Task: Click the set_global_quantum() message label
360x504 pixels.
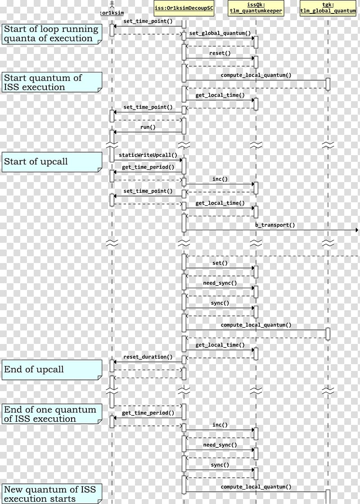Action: pos(220,33)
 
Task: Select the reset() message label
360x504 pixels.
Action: pos(220,53)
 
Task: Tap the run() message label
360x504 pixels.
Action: pos(148,127)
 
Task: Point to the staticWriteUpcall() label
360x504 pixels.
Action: pos(148,155)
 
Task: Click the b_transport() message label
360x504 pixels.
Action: pos(275,225)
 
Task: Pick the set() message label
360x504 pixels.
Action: pos(220,263)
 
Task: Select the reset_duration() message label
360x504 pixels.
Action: pos(148,357)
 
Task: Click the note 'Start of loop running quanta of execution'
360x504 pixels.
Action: pos(52,34)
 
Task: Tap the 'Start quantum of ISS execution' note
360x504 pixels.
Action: pos(52,82)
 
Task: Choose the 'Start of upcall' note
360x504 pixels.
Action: pos(52,162)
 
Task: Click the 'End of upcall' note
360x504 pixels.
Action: pos(52,370)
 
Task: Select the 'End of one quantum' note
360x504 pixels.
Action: pos(52,414)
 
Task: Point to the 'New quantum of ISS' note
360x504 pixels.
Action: pos(52,494)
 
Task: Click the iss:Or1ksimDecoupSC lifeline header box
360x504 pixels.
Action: pos(184,8)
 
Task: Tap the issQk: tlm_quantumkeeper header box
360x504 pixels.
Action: pos(256,8)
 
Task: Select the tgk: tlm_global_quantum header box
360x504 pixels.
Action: pos(328,8)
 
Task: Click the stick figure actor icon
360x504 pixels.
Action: pos(112,4)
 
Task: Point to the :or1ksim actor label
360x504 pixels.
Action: pos(112,13)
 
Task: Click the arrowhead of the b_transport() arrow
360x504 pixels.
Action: pos(356,230)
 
